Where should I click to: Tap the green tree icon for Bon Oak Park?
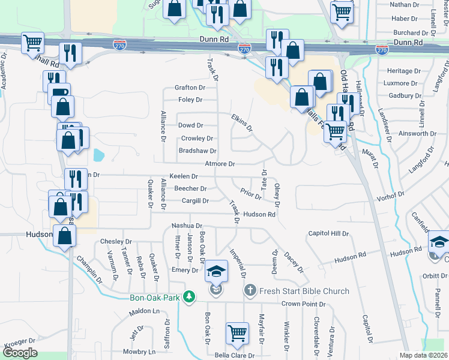pos(189,296)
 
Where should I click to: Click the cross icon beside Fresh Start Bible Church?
pos(250,291)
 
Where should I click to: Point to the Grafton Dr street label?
pos(190,87)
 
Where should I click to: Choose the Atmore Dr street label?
pos(220,163)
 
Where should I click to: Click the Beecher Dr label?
pos(191,188)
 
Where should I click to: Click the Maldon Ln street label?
pos(145,312)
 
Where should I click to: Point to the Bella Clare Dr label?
pos(234,355)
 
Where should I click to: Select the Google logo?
pos(20,353)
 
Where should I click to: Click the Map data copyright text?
pos(424,356)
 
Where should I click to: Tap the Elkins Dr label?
pos(242,123)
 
